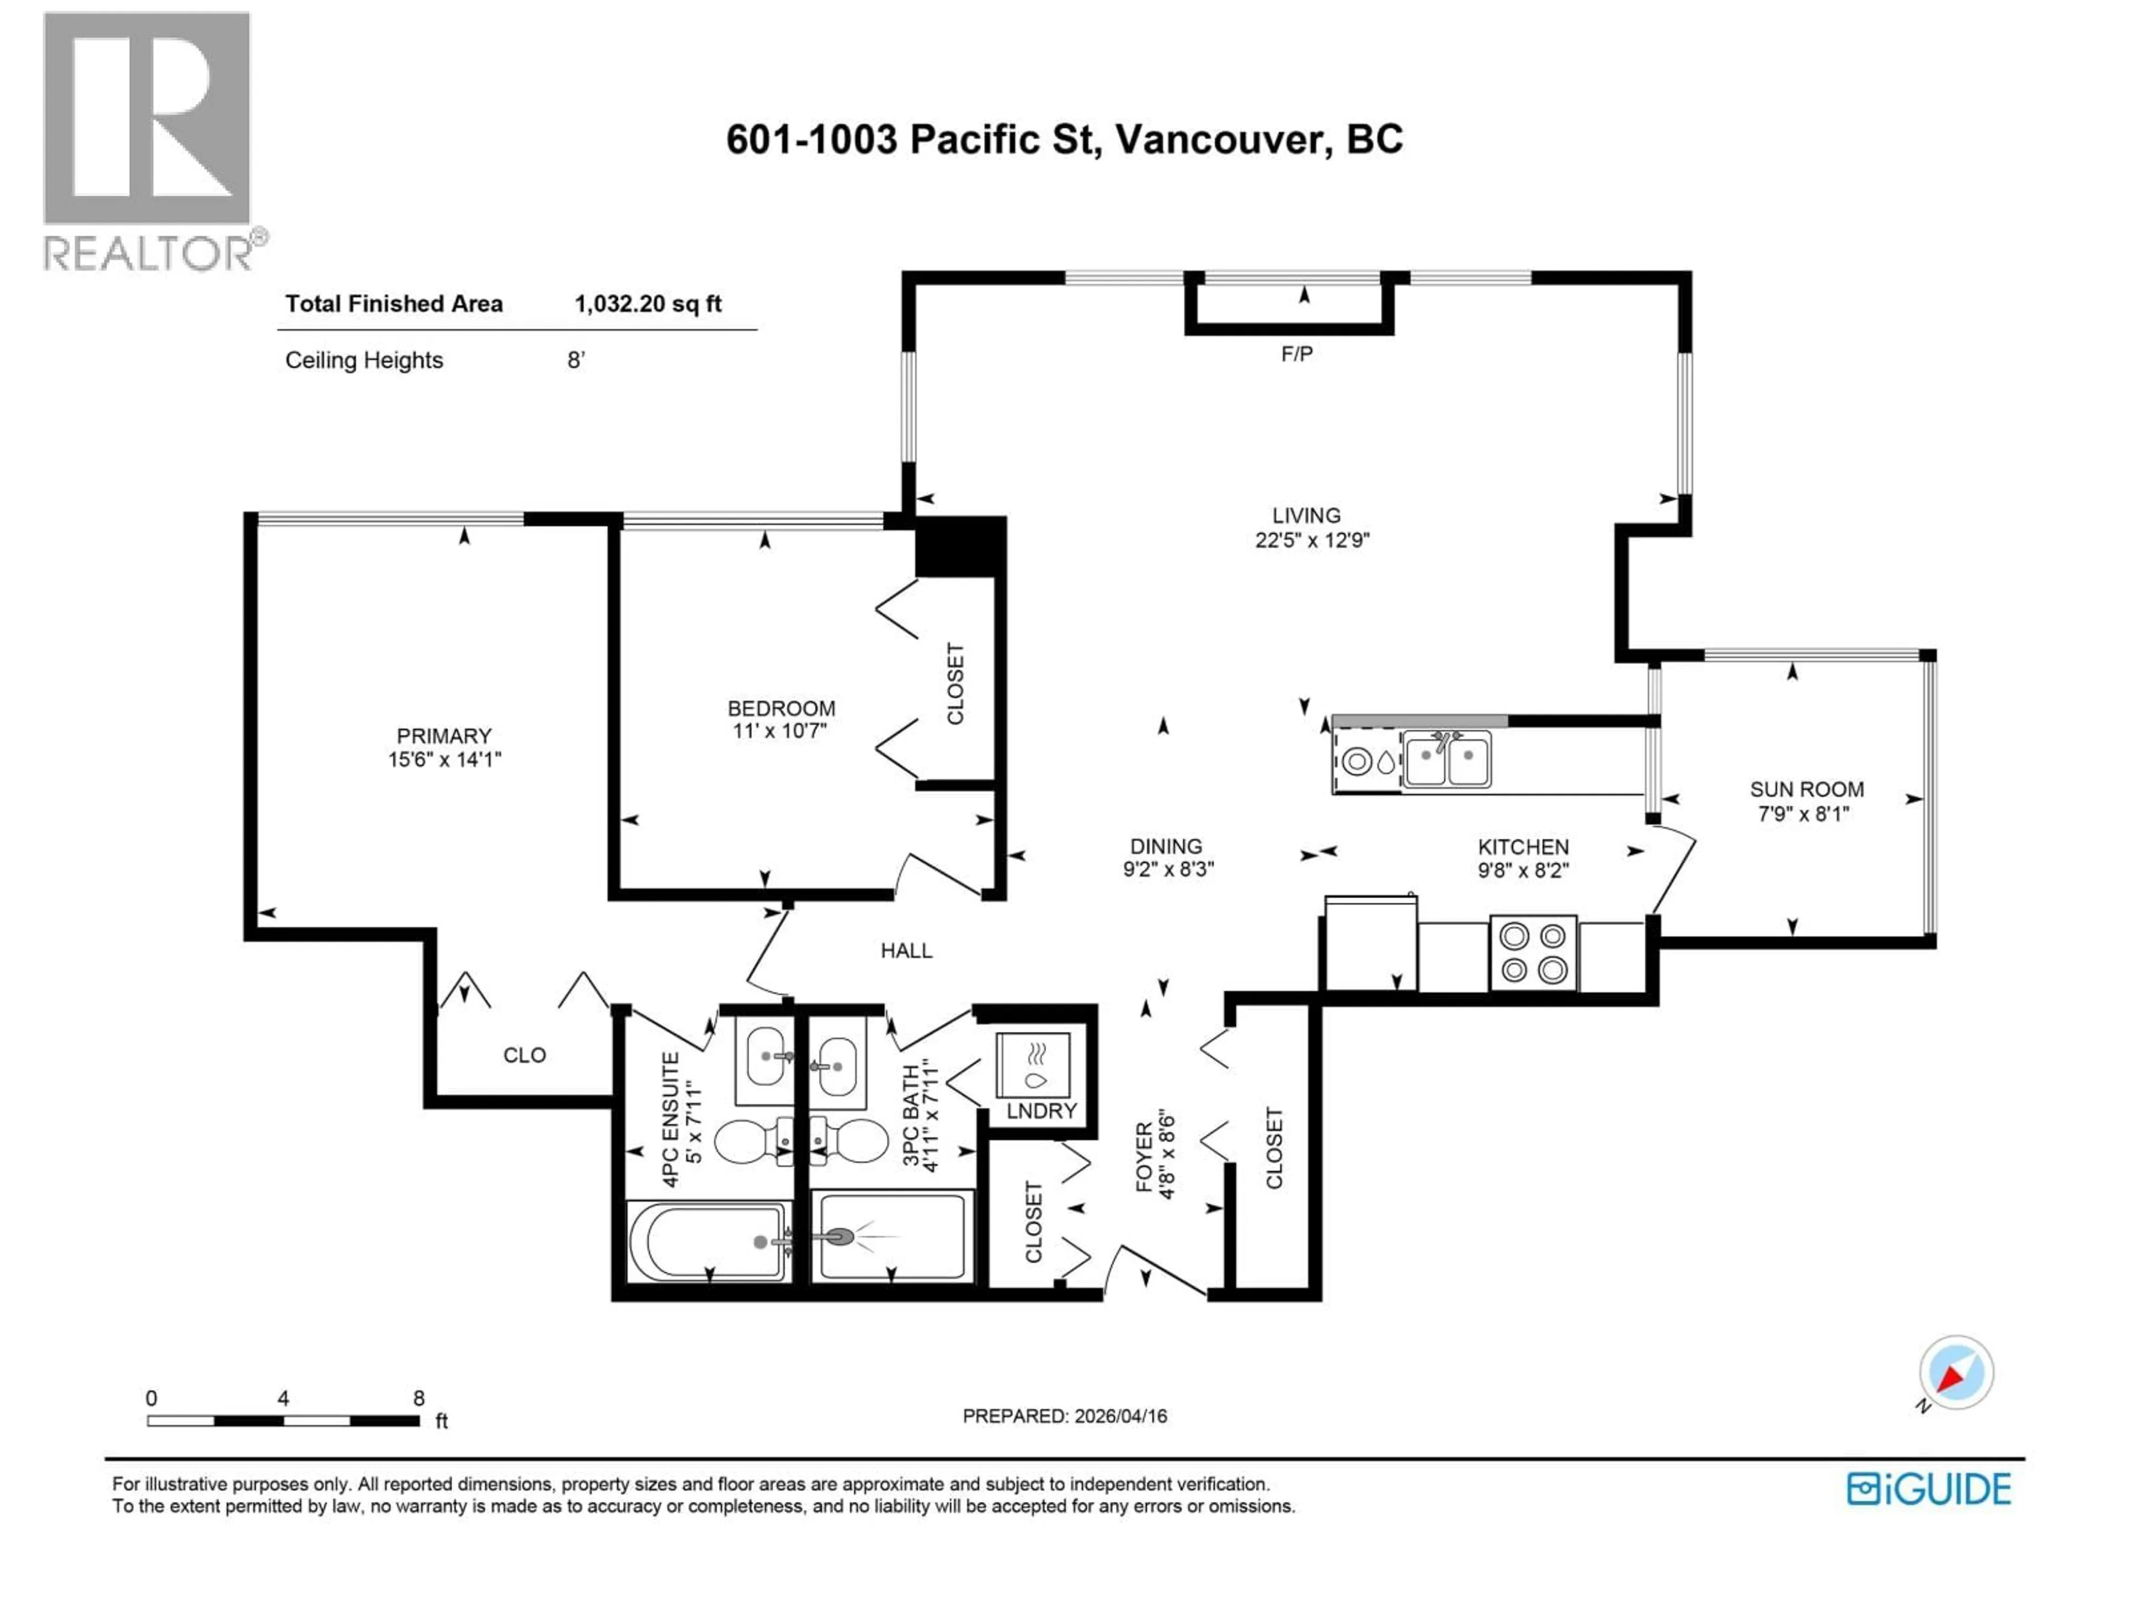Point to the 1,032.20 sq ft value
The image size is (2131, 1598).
point(648,305)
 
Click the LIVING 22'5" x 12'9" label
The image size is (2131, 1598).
point(1310,528)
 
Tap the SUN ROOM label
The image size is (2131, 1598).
point(1805,801)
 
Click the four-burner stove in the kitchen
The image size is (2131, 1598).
point(1533,953)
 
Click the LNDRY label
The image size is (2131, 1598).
point(1041,1111)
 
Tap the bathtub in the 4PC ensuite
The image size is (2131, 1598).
point(708,1242)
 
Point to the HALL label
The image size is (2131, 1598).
point(906,950)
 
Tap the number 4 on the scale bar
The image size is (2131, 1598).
point(282,1398)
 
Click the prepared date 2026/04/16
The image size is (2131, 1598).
point(1119,1416)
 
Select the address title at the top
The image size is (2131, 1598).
point(1064,140)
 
